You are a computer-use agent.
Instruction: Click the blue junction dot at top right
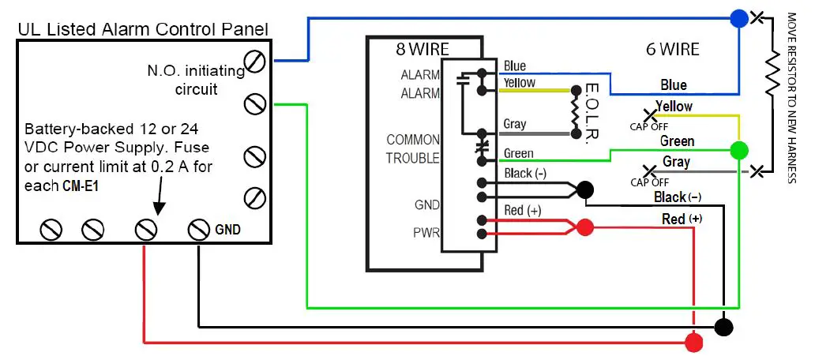coord(738,18)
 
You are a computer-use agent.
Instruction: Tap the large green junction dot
coord(739,149)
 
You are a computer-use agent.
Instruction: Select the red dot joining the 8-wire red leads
coord(584,227)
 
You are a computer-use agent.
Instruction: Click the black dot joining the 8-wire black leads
coord(585,189)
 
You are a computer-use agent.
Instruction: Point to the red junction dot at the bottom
coord(694,343)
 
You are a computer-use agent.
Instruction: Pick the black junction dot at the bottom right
coord(723,326)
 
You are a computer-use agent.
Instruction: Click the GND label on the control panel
coord(227,230)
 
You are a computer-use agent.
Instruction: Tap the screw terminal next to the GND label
coord(198,230)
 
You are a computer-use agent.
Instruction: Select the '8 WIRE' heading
coord(423,49)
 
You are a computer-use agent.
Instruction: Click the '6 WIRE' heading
coord(672,49)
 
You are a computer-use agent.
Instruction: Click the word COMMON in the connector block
coord(412,140)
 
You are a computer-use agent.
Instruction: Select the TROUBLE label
coord(412,158)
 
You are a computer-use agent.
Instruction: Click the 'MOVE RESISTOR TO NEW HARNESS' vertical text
coord(791,97)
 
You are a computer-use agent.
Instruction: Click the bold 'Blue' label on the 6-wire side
coord(673,84)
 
